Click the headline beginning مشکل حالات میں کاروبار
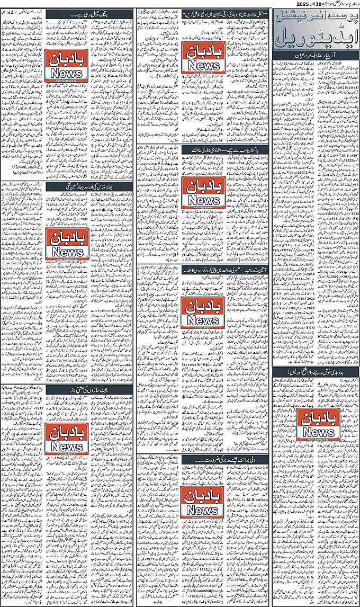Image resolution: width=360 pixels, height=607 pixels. point(203,15)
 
